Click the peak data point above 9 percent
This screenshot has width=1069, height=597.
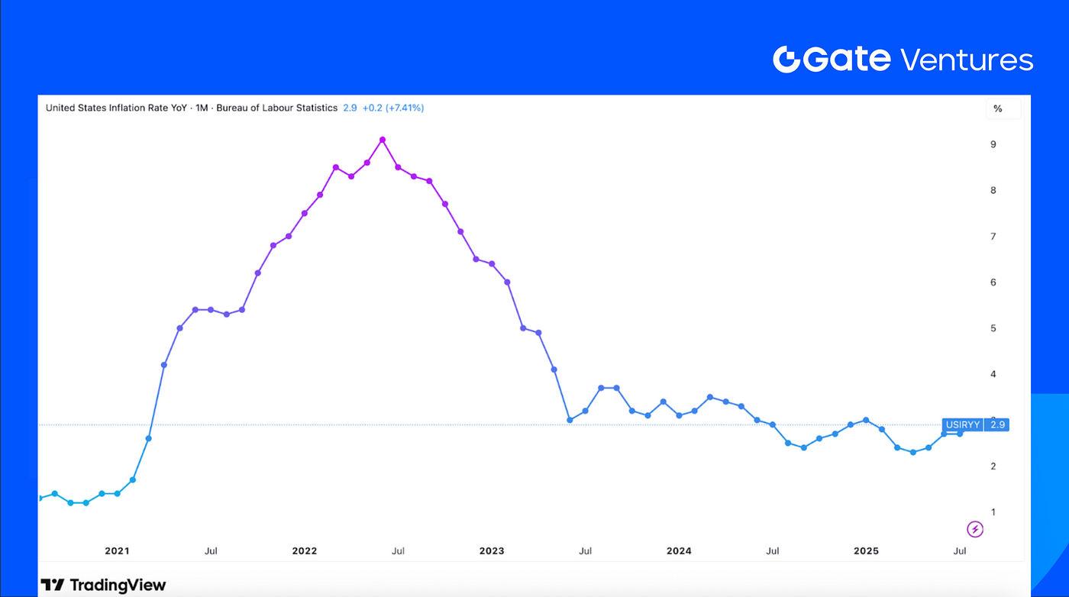click(383, 140)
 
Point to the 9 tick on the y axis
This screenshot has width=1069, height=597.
click(993, 144)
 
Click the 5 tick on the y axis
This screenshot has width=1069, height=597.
click(993, 328)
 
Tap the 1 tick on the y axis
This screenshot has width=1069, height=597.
click(993, 511)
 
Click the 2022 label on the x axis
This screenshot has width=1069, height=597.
click(304, 550)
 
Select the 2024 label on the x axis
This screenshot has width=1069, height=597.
click(679, 550)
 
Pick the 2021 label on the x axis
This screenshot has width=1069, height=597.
click(117, 550)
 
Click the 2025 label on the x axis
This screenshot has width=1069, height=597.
click(866, 550)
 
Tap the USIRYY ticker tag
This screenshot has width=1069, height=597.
click(961, 424)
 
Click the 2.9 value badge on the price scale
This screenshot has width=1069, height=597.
click(996, 424)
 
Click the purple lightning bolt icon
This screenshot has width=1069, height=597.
click(975, 528)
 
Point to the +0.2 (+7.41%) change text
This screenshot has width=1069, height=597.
click(392, 108)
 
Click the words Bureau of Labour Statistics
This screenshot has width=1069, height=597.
click(276, 108)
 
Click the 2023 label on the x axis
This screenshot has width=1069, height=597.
click(491, 550)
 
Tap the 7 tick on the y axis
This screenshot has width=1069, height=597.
click(993, 237)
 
